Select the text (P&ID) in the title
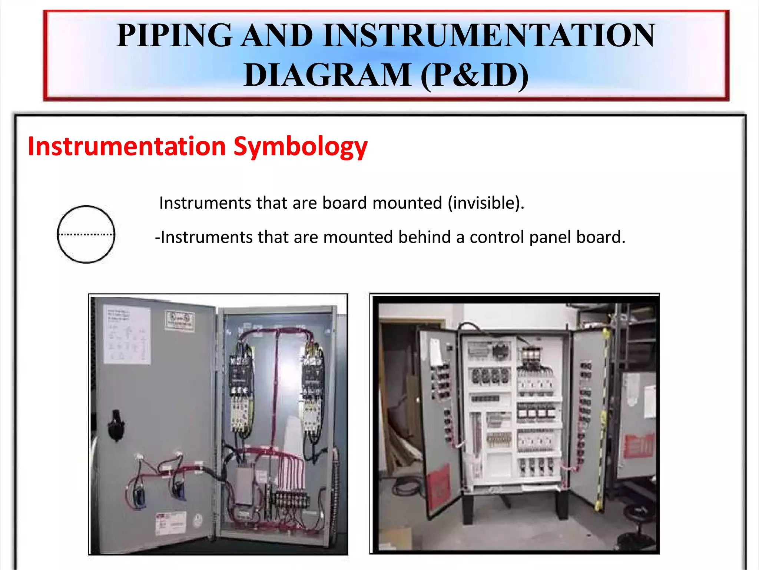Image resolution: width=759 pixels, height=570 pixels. tap(475, 75)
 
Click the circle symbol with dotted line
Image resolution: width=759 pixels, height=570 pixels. tap(86, 234)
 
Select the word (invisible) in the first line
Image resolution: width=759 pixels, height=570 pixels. tap(486, 203)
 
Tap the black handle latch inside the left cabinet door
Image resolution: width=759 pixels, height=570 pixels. tap(116, 425)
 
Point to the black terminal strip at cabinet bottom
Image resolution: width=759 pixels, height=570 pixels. tap(291, 500)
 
